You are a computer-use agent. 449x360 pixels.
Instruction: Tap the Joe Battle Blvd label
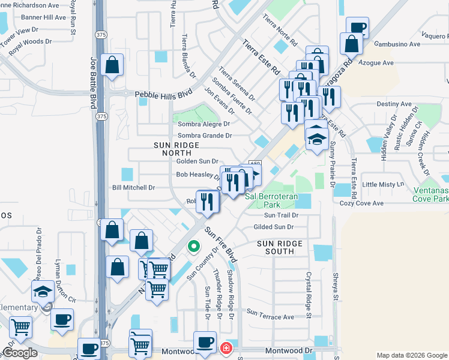(x=93, y=82)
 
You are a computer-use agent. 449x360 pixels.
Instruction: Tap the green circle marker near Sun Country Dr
(x=193, y=245)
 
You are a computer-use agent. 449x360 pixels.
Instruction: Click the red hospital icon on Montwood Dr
(x=226, y=348)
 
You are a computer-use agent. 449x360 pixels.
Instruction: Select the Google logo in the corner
(x=20, y=353)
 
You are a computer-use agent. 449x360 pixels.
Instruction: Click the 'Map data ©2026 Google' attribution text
(x=411, y=355)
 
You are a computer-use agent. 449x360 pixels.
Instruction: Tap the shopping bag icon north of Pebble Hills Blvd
(x=112, y=65)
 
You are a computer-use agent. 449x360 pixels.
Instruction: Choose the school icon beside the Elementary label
(x=43, y=292)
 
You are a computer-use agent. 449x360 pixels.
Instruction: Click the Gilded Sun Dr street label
(x=273, y=227)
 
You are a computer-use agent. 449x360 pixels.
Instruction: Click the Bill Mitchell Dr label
(x=134, y=188)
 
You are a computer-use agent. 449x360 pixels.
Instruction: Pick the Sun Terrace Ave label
(x=270, y=315)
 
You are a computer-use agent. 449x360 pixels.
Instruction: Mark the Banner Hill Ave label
(x=44, y=17)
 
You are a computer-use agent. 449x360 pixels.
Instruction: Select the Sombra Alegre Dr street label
(x=204, y=124)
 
